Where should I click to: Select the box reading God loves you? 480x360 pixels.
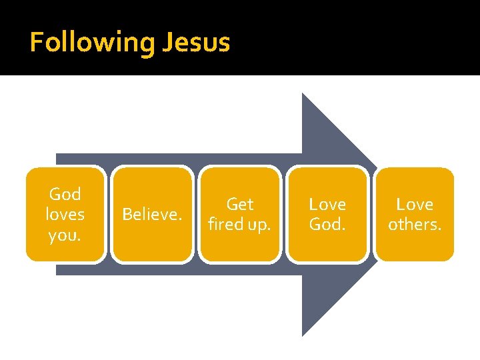[x=65, y=214]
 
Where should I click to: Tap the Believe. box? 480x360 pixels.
[x=152, y=214]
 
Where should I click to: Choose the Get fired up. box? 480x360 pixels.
[x=239, y=214]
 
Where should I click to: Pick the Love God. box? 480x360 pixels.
[x=327, y=214]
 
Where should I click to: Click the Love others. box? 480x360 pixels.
[x=415, y=214]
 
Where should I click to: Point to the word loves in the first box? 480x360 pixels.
[x=65, y=215]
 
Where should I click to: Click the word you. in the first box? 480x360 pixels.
[x=65, y=235]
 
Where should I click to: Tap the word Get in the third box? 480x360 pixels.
[x=239, y=204]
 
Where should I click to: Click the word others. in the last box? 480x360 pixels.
[x=415, y=225]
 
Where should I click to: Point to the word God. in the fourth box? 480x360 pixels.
[x=327, y=225]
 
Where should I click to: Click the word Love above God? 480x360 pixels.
[x=327, y=204]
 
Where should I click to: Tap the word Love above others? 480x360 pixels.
[x=415, y=204]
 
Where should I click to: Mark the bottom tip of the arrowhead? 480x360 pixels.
[x=303, y=334]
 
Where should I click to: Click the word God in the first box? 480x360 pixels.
[x=65, y=195]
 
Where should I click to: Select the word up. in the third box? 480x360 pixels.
[x=259, y=225]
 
